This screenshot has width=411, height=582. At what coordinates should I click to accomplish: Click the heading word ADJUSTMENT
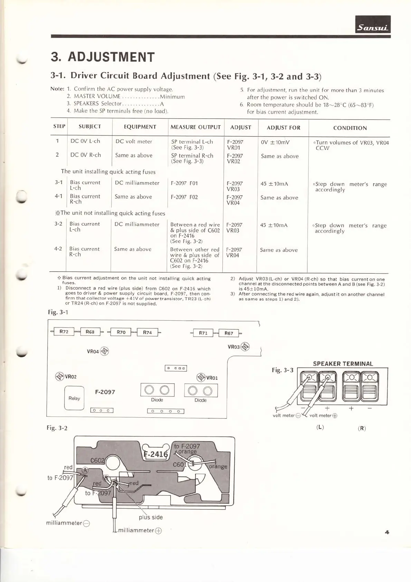pyautogui.click(x=111, y=57)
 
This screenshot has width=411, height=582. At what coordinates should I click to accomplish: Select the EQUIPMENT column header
pyautogui.click(x=140, y=127)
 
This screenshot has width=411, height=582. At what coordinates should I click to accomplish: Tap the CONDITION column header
pyautogui.click(x=350, y=128)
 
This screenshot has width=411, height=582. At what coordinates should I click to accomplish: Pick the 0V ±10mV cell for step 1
pyautogui.click(x=275, y=142)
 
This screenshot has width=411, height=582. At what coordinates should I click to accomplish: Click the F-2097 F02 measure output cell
pyautogui.click(x=184, y=197)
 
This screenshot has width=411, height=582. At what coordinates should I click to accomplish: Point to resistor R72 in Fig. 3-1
pyautogui.click(x=64, y=332)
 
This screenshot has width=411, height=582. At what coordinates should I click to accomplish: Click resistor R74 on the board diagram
pyautogui.click(x=147, y=332)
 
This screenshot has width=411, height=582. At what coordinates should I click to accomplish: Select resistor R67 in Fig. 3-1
pyautogui.click(x=229, y=333)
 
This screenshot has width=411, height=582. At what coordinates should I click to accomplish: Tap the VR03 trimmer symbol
pyautogui.click(x=245, y=346)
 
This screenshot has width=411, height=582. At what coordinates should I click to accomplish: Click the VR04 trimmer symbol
pyautogui.click(x=104, y=351)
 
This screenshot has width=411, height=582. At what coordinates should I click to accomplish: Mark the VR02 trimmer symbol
pyautogui.click(x=60, y=376)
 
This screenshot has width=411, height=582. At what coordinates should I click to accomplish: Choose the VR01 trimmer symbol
pyautogui.click(x=201, y=377)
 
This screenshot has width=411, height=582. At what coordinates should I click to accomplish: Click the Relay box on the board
pyautogui.click(x=74, y=398)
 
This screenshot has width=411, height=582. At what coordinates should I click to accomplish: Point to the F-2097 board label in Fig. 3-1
pyautogui.click(x=105, y=392)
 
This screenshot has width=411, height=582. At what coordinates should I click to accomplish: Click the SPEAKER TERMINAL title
pyautogui.click(x=343, y=364)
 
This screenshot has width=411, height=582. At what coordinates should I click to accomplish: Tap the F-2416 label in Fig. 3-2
pyautogui.click(x=156, y=454)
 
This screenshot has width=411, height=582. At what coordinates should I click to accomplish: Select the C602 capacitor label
pyautogui.click(x=97, y=460)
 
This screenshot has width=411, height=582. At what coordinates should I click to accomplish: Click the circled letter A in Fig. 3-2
pyautogui.click(x=85, y=470)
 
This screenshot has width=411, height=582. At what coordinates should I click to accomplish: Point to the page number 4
pyautogui.click(x=387, y=532)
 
